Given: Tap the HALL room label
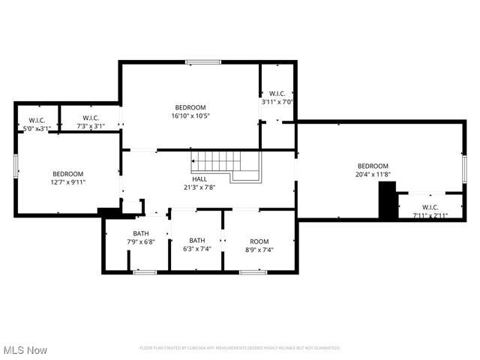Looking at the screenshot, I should (x=199, y=178).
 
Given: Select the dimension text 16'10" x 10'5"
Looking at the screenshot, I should (x=190, y=116).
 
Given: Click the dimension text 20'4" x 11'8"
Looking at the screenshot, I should (x=373, y=175).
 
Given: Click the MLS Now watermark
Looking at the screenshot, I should (x=25, y=350).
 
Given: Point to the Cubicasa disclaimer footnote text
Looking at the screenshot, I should (x=240, y=348).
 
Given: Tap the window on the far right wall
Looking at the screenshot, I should (x=464, y=166).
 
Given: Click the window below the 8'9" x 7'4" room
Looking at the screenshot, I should (x=253, y=271).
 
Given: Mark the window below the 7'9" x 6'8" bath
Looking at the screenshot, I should (x=144, y=271).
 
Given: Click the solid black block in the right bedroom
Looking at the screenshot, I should (x=387, y=201).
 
